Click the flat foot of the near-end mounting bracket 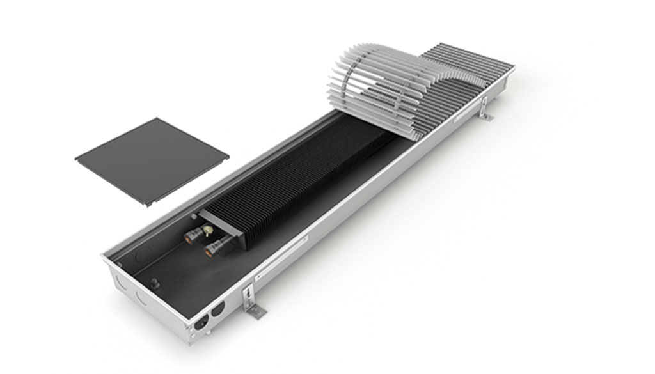tap(255, 311)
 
